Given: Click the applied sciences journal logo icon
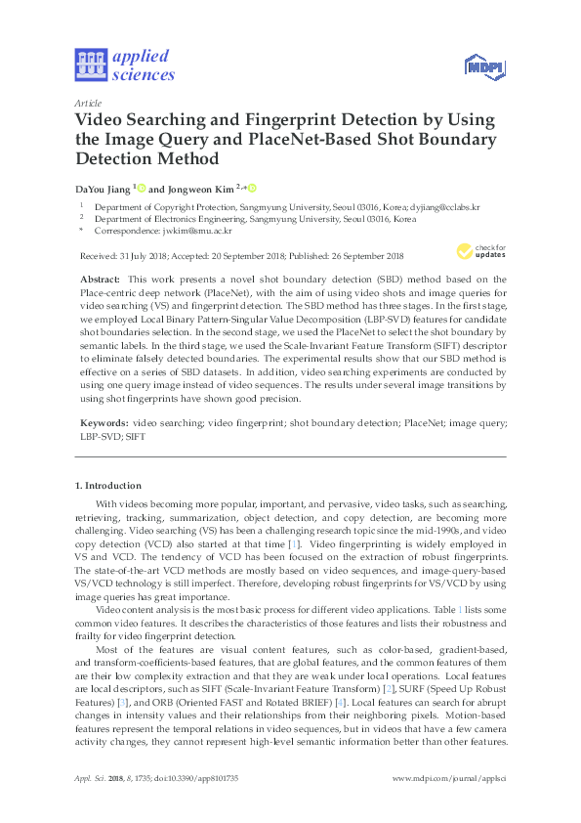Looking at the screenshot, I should (x=93, y=65).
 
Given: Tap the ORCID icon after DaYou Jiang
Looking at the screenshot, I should (x=142, y=187).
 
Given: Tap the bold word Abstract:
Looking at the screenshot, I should (x=100, y=280).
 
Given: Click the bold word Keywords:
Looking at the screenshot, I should (x=104, y=421).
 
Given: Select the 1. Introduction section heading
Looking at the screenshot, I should (x=108, y=485).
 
